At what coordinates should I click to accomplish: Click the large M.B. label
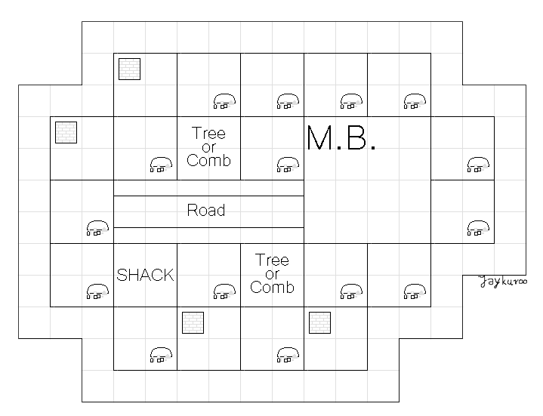341,137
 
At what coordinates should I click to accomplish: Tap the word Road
206,210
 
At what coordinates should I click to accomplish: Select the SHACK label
145,275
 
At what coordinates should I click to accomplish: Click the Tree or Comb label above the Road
208,146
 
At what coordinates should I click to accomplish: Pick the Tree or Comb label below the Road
272,273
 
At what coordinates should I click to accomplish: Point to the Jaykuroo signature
502,282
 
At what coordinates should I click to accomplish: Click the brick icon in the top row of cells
130,69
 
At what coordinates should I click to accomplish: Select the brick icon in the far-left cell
66,132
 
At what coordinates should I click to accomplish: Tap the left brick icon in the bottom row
193,322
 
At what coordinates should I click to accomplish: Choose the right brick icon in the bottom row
320,322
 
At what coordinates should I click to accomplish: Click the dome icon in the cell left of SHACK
97,291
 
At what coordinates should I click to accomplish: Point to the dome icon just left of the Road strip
97,227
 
